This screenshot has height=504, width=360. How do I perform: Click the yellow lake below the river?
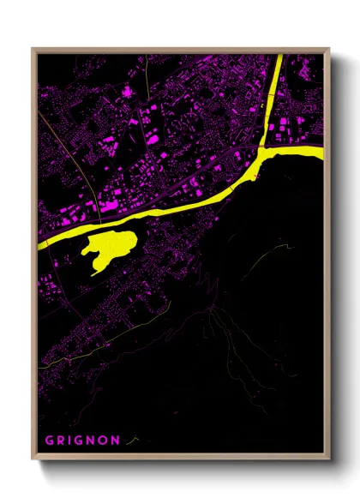pos(110,248)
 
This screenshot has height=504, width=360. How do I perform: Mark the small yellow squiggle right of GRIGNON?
pos(130,441)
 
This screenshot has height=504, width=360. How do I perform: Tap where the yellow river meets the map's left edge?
pos(40,243)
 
